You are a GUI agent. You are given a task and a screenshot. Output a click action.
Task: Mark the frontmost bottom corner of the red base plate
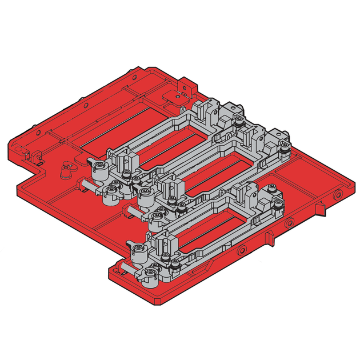(155, 301)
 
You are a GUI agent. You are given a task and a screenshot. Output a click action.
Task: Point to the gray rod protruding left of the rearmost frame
(86, 183)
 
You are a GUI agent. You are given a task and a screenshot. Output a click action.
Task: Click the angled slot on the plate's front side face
(269, 239)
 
